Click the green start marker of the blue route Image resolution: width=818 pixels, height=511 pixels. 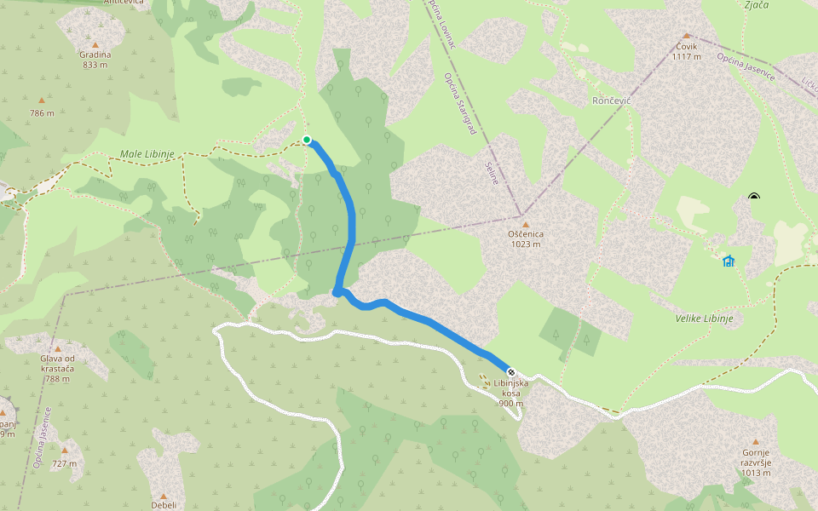[x=307, y=140]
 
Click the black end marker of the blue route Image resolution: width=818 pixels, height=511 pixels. [x=511, y=372]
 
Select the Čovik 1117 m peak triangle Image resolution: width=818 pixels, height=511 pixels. [x=686, y=36]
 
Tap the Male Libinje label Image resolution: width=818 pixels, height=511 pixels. [x=147, y=154]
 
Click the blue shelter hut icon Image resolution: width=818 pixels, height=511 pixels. [x=729, y=261]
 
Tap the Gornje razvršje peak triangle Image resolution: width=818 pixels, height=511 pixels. [x=755, y=442]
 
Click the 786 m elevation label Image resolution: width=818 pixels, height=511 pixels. [x=42, y=113]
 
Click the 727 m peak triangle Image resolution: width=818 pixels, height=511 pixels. [x=65, y=451]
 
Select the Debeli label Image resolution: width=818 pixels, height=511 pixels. [x=164, y=504]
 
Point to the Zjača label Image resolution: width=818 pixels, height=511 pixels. [x=756, y=5]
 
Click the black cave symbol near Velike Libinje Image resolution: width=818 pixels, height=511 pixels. [x=753, y=198]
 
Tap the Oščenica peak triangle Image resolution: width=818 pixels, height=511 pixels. [x=525, y=223]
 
